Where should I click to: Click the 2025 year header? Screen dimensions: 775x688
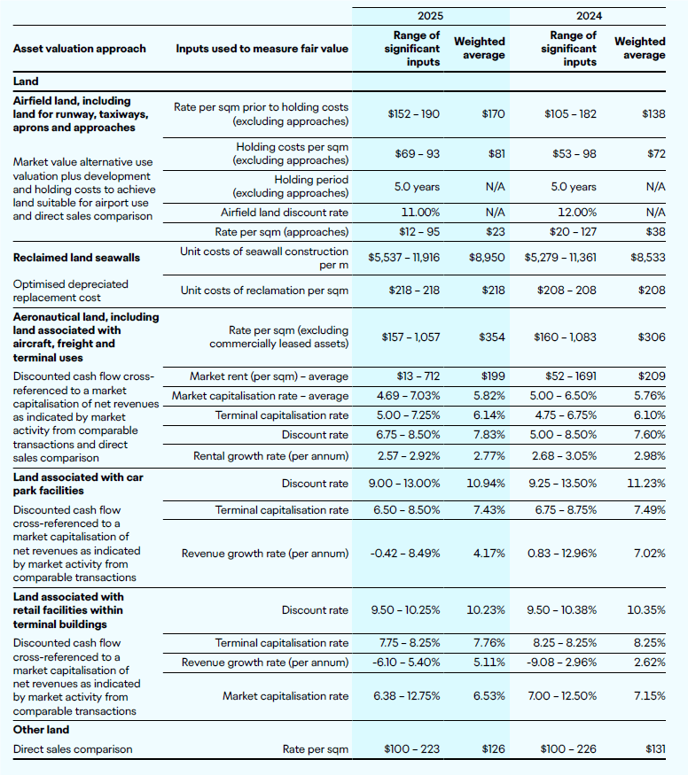[431, 16]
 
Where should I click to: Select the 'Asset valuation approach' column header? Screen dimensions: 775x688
[80, 48]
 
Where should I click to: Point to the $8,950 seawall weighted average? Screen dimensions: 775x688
[487, 258]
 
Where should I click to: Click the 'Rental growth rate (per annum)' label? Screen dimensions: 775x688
[271, 456]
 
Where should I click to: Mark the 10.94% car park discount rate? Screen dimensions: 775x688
[488, 484]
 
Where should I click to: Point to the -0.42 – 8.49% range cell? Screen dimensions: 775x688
[405, 553]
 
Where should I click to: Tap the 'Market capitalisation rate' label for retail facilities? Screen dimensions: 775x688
[285, 695]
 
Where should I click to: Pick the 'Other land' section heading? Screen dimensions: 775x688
[41, 730]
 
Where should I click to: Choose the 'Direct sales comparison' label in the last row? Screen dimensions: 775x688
[73, 749]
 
